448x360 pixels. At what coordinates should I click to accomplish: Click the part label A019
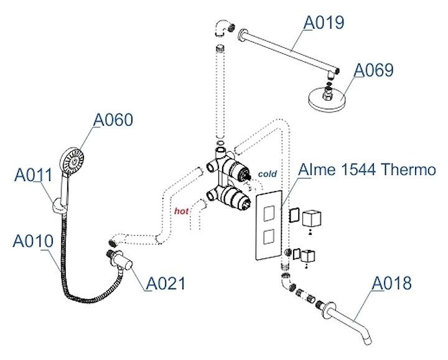[324, 23]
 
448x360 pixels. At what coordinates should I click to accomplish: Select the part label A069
[373, 70]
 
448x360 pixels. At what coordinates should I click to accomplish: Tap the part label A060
[113, 119]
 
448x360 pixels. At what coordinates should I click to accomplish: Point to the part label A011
[33, 176]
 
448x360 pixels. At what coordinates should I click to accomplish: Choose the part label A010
[34, 239]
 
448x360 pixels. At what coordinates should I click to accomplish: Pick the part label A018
[391, 284]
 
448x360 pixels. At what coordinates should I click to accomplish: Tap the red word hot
[181, 211]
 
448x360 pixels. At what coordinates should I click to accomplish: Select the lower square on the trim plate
[269, 237]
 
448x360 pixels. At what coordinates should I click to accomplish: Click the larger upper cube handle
[310, 219]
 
